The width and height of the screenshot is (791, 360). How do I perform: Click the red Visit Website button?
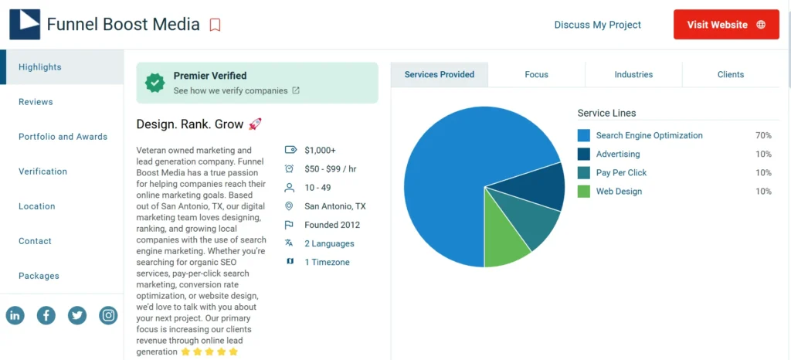coord(726,25)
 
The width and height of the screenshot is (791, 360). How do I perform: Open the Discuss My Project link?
coord(597,25)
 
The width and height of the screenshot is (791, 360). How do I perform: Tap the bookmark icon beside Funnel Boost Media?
coord(215,25)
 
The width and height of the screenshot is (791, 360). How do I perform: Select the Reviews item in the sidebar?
coord(36,102)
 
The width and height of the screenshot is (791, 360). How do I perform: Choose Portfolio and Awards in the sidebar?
coord(63,137)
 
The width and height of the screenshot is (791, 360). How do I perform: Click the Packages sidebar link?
coord(39,276)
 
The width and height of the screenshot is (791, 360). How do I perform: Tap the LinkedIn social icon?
coord(15,315)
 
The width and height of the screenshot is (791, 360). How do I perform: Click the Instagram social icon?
coord(109,315)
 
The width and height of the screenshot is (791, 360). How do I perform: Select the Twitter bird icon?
coord(77,315)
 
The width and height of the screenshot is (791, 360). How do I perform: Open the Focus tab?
coord(536,75)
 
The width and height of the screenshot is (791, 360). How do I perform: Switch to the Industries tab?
coord(633,75)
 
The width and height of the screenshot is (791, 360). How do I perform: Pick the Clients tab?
coord(730,75)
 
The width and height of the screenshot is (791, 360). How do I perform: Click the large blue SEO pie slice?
coord(448,178)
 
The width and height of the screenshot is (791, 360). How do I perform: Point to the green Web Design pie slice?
coord(506,239)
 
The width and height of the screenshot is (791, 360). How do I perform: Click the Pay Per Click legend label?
coord(621,173)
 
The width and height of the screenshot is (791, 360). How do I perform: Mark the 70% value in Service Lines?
coord(763,136)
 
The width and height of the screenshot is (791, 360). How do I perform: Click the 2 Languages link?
coord(329,243)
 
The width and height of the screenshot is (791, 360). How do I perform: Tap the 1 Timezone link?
coord(327,263)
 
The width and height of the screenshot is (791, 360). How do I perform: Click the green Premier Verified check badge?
coord(156,82)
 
